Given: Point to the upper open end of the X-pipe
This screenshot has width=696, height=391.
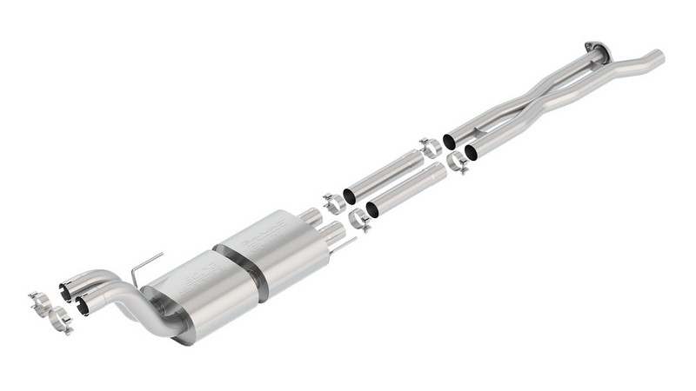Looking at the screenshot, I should pos(450,140).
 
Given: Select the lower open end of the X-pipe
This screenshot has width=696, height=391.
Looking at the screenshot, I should pos(471,153).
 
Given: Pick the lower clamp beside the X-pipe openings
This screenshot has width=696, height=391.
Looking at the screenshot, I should pos(457,162).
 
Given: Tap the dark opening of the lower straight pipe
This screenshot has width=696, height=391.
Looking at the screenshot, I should pos(371,209).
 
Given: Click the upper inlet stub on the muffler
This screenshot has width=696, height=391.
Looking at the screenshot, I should pos(311,215).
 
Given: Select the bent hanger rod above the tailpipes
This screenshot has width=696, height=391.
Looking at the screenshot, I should pos(143,265).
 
